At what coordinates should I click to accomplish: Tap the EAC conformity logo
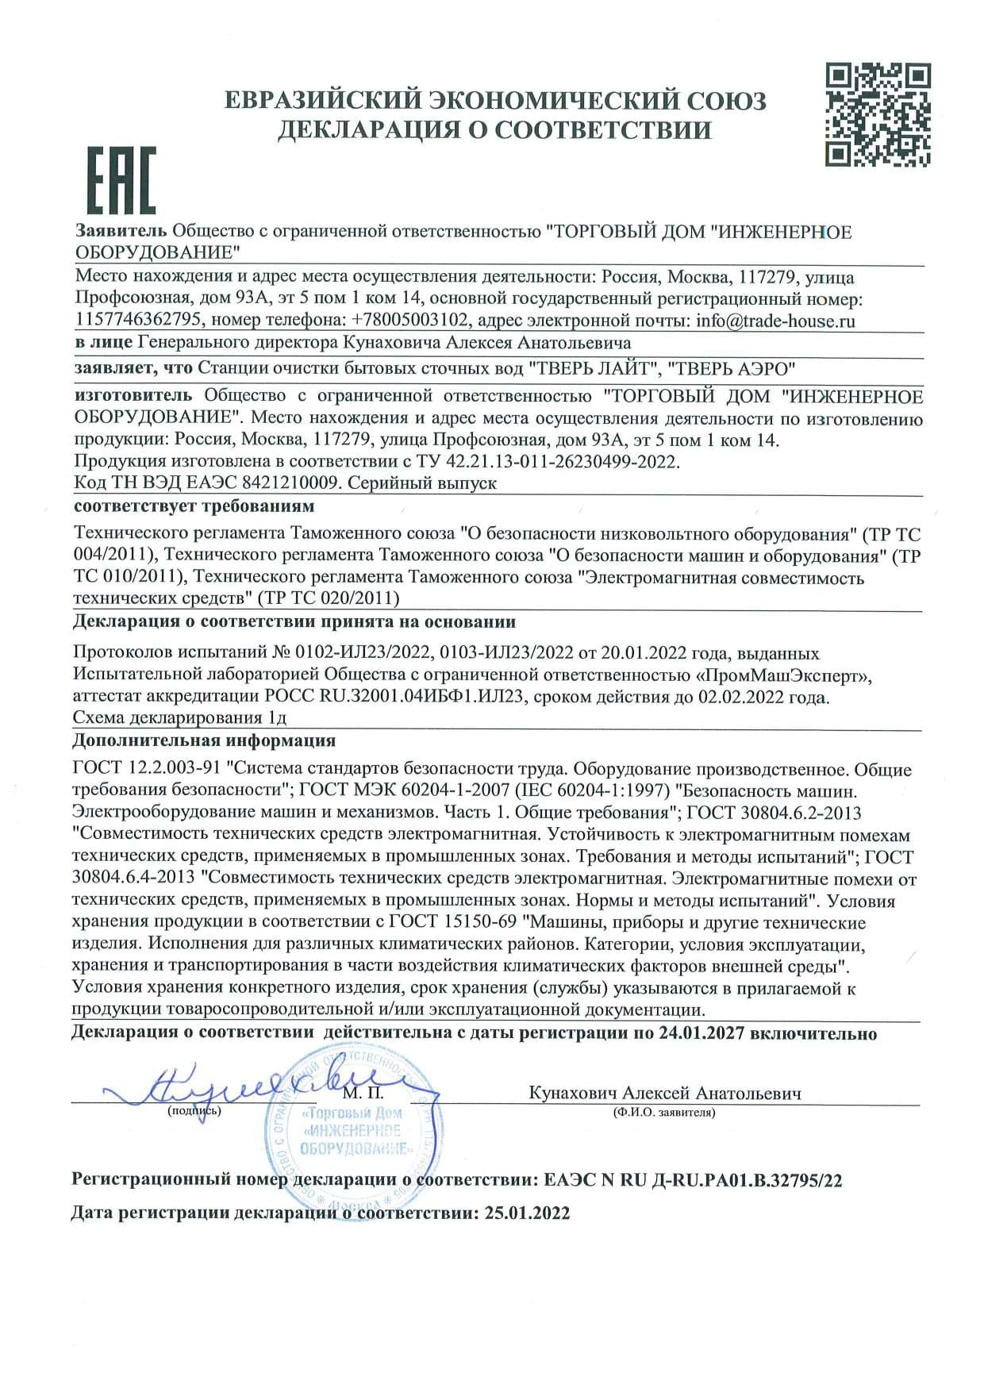point(121,181)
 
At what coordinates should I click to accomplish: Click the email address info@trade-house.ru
point(775,321)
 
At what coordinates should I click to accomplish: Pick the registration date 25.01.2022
point(525,1213)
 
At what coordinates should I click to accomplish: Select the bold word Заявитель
point(121,232)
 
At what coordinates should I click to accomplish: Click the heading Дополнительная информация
point(204,741)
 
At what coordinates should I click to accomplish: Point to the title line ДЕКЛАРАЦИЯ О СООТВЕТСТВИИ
point(494,130)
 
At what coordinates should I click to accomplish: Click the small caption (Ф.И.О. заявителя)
point(663,1113)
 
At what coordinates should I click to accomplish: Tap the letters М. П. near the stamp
point(364,1094)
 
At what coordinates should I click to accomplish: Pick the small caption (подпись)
point(194,1111)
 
